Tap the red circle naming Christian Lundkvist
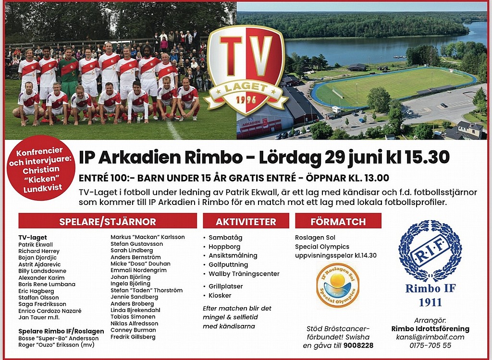click(x=41, y=168)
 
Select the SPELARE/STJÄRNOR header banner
click(x=108, y=221)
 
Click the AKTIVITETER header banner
click(x=246, y=221)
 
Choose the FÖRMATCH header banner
click(x=338, y=221)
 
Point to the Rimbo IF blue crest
click(x=430, y=251)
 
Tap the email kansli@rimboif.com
click(x=430, y=337)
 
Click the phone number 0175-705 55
click(x=430, y=346)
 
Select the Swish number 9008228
click(x=358, y=346)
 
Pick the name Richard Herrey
click(x=38, y=251)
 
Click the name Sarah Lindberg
click(x=132, y=251)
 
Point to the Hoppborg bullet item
click(x=224, y=247)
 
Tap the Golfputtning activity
click(x=228, y=264)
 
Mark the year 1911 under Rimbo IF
click(x=430, y=302)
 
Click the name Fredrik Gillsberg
click(x=133, y=337)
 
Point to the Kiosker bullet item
click(x=220, y=295)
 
